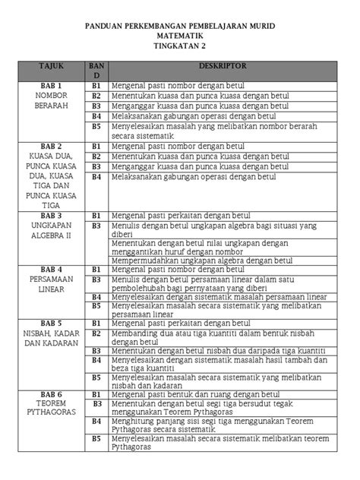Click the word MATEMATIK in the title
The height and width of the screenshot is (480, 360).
coord(179,36)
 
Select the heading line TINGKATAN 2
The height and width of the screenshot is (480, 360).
coord(179,46)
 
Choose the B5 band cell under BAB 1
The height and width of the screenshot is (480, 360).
coord(96,126)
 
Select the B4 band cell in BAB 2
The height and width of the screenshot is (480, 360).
coord(96,176)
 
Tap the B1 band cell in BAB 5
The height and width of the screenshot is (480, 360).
coord(96,323)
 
